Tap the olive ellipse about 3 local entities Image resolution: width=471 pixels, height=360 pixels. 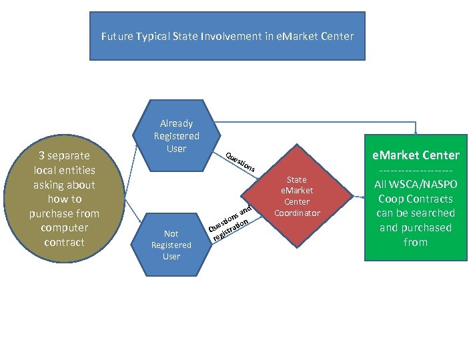(x=64, y=199)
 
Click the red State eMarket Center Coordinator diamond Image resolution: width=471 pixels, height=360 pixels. (x=296, y=196)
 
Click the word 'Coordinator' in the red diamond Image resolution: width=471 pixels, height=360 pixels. (x=296, y=213)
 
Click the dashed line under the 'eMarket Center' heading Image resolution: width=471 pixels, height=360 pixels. (x=415, y=171)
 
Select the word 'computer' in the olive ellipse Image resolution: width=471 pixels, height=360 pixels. (x=64, y=228)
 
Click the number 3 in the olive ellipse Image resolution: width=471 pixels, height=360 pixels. (x=41, y=156)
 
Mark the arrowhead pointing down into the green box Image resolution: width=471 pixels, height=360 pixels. (x=417, y=130)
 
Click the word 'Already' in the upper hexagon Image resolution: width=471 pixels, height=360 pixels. (x=177, y=123)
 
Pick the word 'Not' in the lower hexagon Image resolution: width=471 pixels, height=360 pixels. (x=171, y=233)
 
